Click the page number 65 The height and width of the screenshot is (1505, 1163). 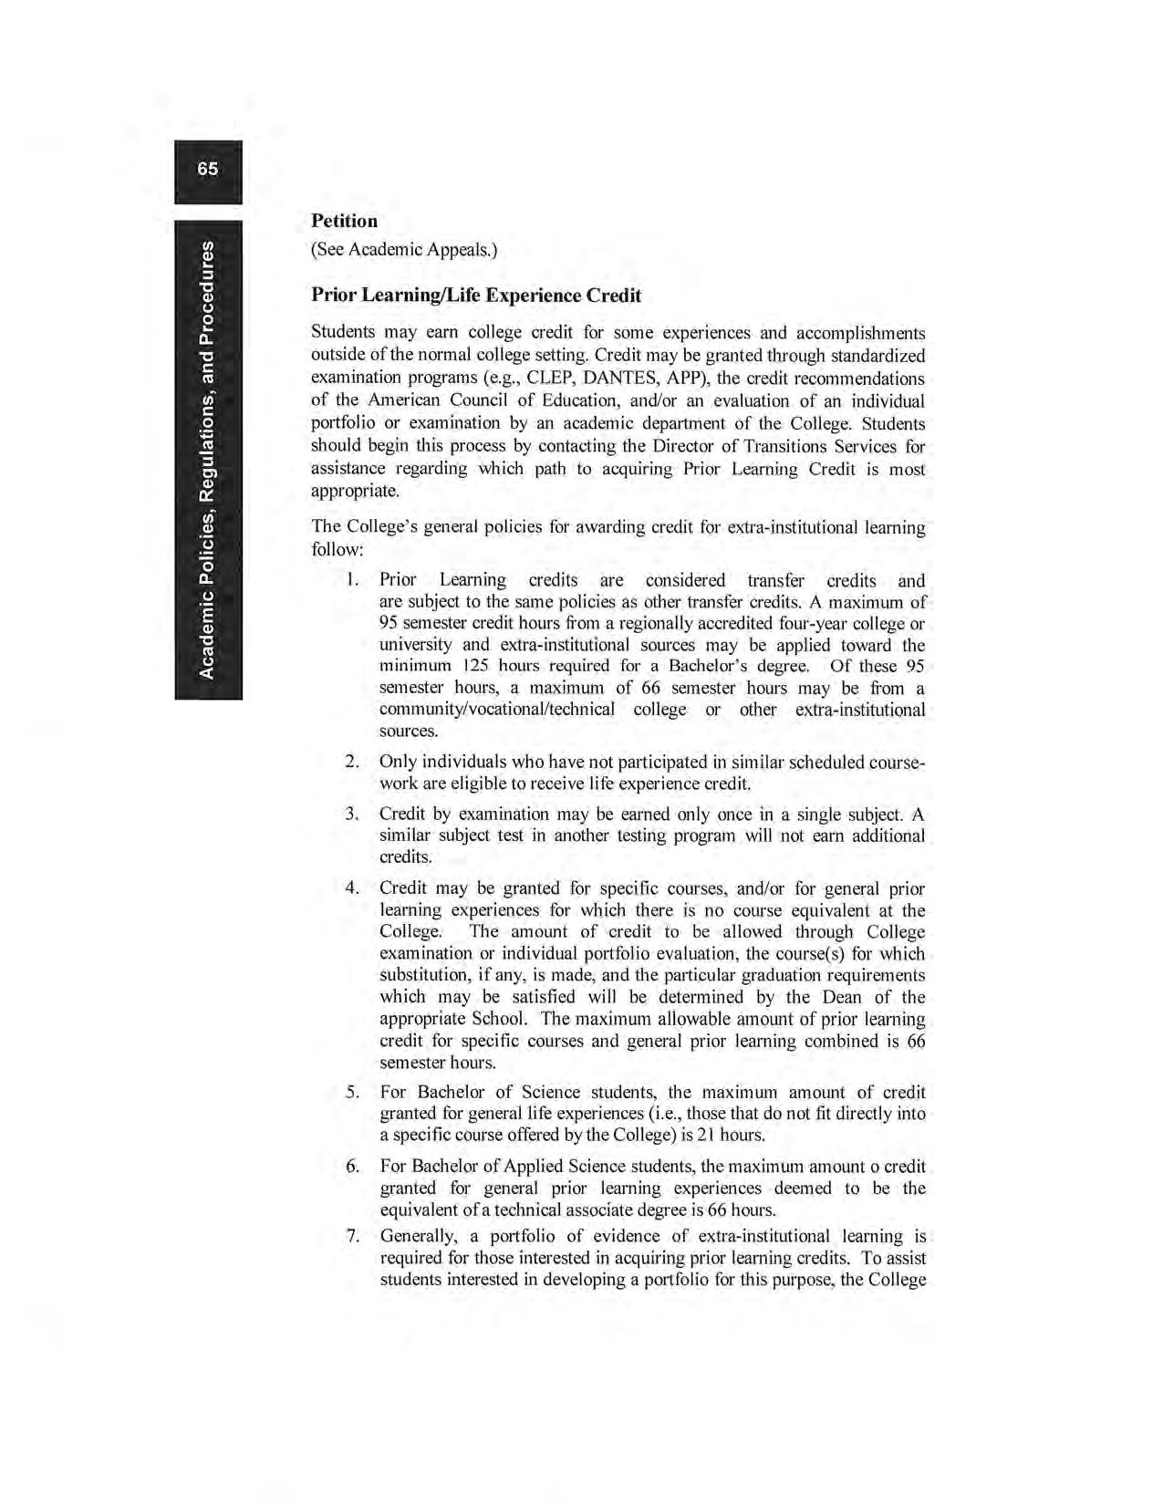tap(208, 169)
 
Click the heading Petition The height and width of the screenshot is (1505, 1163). tap(344, 221)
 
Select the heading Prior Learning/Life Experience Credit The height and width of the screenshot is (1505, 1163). tap(476, 296)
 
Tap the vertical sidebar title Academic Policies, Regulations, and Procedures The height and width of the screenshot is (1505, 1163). tap(208, 461)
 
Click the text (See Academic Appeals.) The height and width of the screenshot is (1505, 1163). tap(404, 249)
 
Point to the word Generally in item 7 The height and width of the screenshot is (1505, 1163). tap(419, 1237)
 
